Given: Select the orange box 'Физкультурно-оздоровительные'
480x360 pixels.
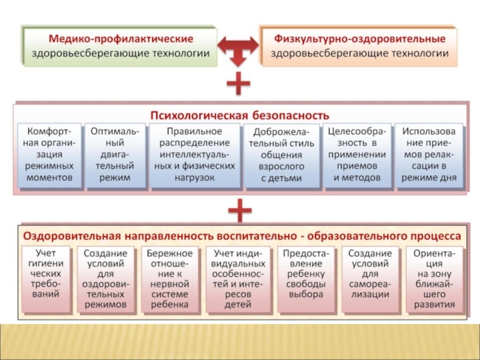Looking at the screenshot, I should click(359, 46).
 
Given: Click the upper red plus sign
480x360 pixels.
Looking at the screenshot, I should click(238, 85).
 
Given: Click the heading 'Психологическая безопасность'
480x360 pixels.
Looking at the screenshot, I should click(239, 114).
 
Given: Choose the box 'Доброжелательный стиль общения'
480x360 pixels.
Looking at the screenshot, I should click(281, 155).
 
